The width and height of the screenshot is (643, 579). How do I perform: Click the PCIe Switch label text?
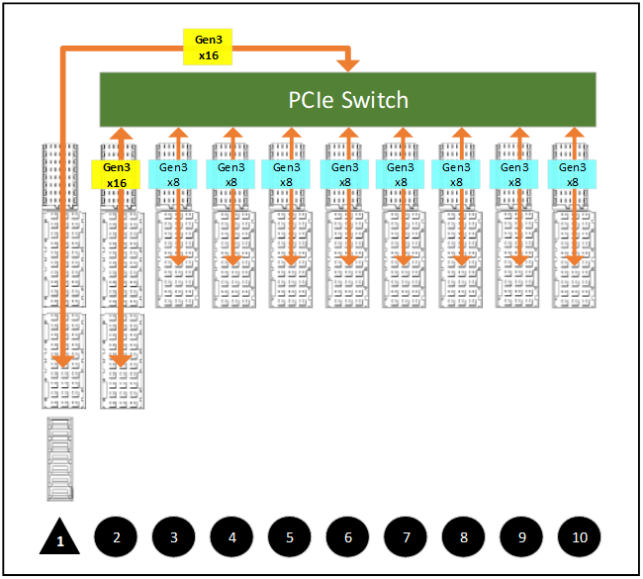348,100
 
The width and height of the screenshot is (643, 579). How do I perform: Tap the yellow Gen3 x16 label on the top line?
208,47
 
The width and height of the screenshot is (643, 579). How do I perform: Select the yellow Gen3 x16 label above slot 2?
117,175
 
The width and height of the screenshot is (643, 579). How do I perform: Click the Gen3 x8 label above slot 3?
174,174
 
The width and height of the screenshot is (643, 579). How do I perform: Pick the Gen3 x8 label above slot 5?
288,174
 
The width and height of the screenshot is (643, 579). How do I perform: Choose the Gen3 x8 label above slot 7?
401,174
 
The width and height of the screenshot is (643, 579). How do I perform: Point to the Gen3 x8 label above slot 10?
573,174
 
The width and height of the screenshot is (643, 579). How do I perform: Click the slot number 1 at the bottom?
60,541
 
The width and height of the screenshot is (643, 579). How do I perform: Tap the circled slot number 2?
117,537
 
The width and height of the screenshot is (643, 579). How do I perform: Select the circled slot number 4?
231,537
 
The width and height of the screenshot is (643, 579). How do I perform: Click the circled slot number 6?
347,537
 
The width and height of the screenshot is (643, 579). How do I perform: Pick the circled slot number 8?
463,537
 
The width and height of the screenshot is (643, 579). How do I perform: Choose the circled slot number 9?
520,537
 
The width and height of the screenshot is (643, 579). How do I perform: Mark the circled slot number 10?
579,537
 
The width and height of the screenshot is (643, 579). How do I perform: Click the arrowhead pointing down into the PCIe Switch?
347,64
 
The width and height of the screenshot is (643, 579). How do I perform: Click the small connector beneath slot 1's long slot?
60,458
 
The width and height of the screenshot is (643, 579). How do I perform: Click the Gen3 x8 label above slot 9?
515,174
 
